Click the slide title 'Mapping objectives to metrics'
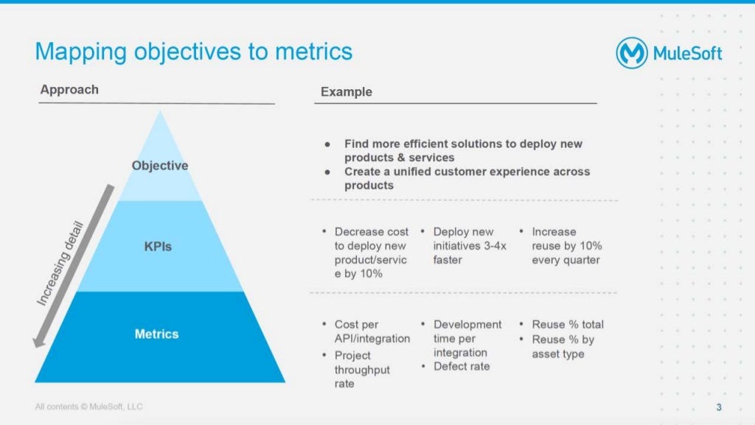coord(193,52)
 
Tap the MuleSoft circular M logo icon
coord(632,54)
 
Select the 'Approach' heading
coord(69,90)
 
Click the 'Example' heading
coord(347,92)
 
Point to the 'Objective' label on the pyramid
coord(160,166)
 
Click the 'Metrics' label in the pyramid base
coord(156,334)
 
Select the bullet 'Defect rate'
coord(462,367)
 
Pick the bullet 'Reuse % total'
coord(567,324)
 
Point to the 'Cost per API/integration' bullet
coord(372,331)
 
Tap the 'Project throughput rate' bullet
coord(362,370)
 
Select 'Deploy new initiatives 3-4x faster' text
coord(469,245)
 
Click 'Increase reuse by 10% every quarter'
coord(566,245)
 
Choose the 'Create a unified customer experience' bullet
coord(467,178)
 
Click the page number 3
coord(719,408)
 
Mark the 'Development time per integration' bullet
coord(467,338)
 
